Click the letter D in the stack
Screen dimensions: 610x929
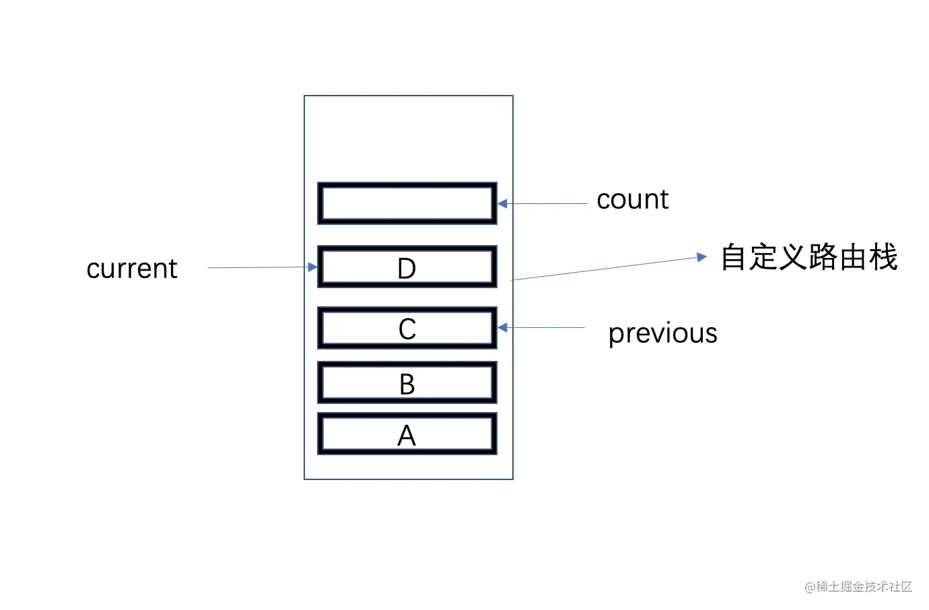point(407,269)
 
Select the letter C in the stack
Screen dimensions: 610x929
point(407,329)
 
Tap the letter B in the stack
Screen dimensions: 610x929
point(407,384)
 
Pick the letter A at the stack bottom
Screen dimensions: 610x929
point(407,436)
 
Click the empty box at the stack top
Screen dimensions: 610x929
point(407,203)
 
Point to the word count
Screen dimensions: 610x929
point(632,199)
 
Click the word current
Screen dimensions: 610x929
point(132,269)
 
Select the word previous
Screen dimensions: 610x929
point(662,333)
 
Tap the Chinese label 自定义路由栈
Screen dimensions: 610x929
point(808,257)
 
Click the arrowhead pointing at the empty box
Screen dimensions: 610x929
point(502,203)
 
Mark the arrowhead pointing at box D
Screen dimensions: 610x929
point(312,267)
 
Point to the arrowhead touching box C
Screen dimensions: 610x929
point(502,327)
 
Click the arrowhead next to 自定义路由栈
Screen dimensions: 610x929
point(702,257)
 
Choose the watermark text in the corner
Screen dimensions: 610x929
point(858,586)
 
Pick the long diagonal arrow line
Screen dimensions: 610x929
point(606,268)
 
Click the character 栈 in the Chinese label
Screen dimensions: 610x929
point(883,257)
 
